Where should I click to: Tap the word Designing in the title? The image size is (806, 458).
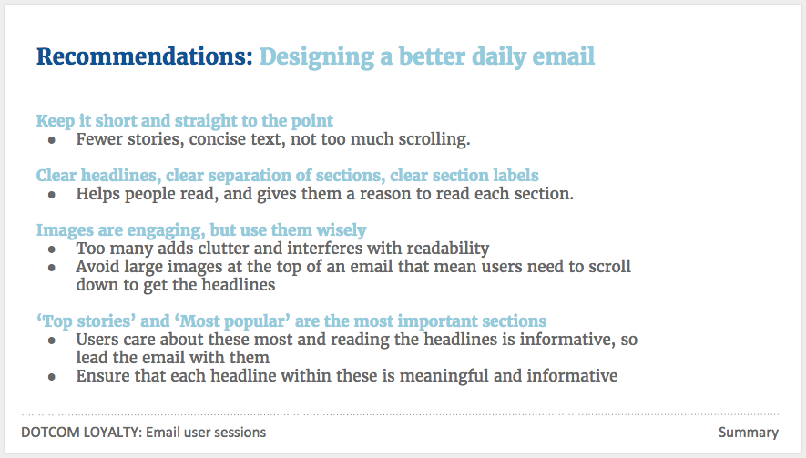pos(317,57)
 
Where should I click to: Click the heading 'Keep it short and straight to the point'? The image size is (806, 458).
pos(185,121)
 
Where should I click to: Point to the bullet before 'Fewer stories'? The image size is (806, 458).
pos(51,140)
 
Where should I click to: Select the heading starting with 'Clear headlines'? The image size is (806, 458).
pos(288,176)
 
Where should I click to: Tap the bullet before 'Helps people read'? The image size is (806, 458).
pos(51,195)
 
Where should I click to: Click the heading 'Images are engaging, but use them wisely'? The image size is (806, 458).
pos(201,230)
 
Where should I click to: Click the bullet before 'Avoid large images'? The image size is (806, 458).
pos(51,268)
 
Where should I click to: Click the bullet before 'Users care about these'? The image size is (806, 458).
pos(51,341)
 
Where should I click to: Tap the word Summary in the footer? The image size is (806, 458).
pos(749,433)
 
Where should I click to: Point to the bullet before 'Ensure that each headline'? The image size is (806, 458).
pos(51,377)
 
